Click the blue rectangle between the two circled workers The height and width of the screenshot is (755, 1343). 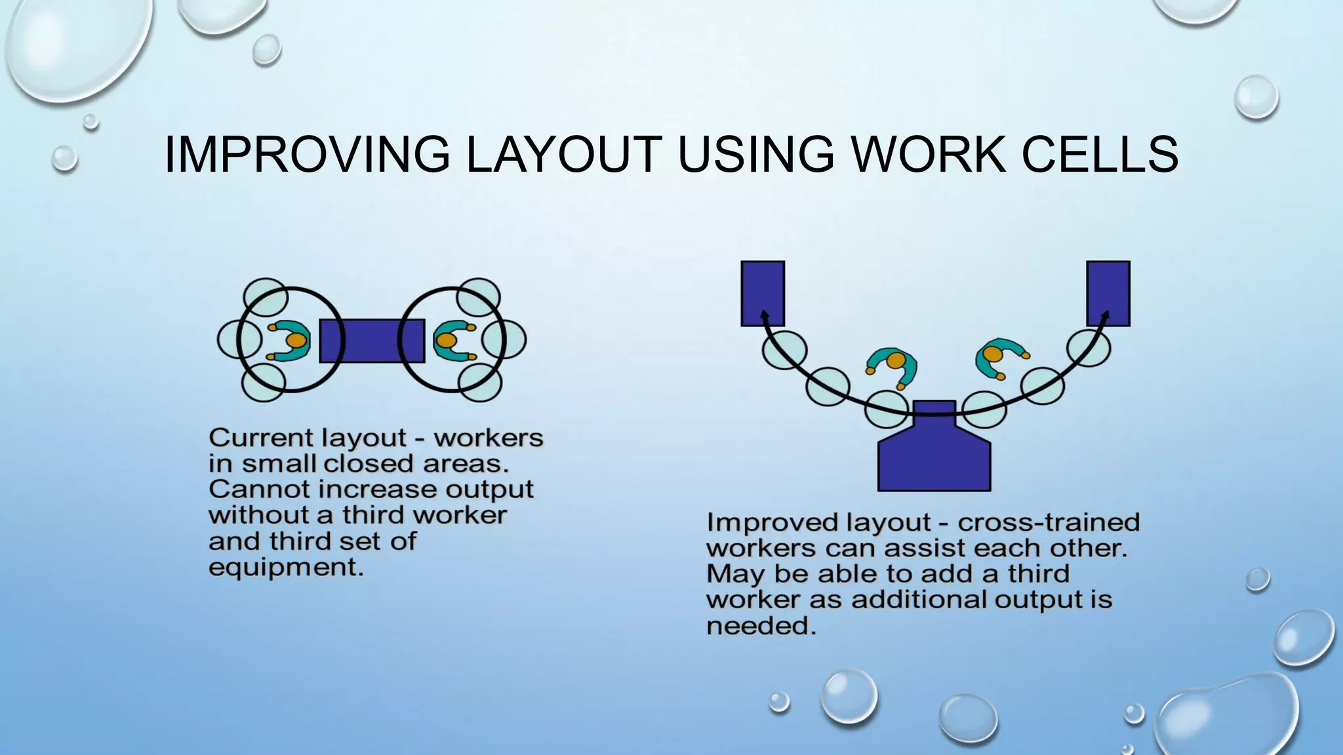[x=372, y=341]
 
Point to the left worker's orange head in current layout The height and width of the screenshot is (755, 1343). [x=296, y=341]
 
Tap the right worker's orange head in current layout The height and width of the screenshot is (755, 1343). [x=447, y=341]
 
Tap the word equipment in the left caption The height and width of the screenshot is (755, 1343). [x=285, y=568]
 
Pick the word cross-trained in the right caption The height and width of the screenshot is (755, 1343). [x=1049, y=522]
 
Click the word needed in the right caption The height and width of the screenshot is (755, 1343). [x=761, y=627]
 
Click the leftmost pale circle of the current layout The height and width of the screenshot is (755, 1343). [x=236, y=339]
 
